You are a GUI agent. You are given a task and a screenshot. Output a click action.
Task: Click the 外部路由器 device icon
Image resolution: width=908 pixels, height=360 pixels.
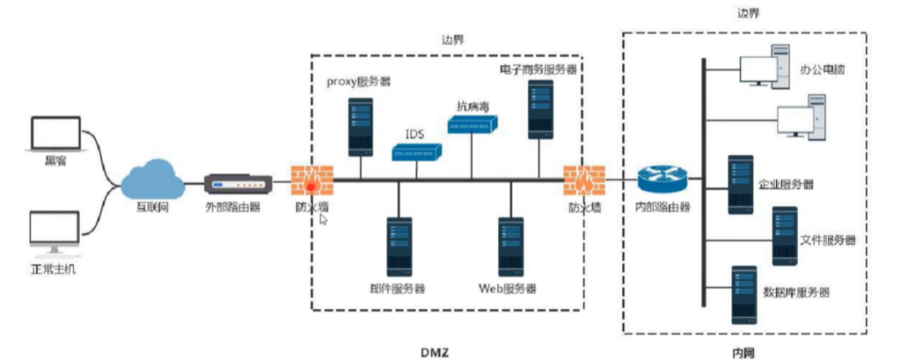[238, 183]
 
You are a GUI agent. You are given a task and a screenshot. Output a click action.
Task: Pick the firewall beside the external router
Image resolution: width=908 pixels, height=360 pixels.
[312, 180]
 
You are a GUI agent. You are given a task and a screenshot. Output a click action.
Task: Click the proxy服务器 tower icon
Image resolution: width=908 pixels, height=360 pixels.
[361, 127]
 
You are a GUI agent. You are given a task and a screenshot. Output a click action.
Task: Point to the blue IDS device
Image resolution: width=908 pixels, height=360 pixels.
[416, 152]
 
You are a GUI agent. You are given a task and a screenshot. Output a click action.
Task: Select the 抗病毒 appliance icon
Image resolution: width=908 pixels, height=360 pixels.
[472, 125]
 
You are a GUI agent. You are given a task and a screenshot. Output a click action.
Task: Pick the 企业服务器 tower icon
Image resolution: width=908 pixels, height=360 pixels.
[741, 184]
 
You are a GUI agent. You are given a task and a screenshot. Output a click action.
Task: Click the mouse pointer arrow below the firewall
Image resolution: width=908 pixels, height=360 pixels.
[324, 220]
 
